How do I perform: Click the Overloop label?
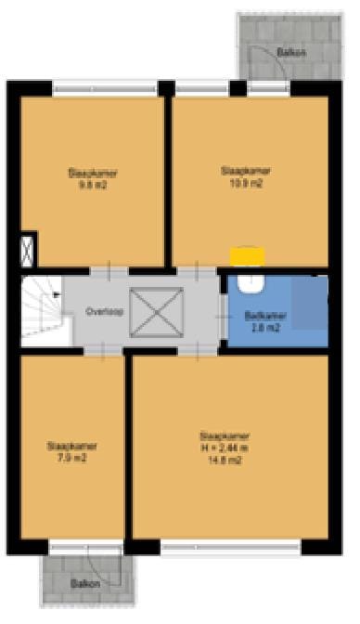coord(100,311)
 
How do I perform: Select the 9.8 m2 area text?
coord(92,184)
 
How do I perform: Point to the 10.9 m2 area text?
coord(246,183)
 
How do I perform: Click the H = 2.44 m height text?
coord(228,447)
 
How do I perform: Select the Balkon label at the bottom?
coord(84,584)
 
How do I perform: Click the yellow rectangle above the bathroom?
coord(247,255)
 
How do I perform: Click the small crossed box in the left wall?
coord(27,250)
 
